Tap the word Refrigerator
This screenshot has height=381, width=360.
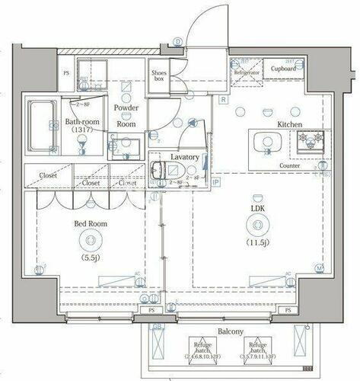coord(247,73)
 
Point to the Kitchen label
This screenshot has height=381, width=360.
coord(290,123)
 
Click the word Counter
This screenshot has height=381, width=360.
coord(289,165)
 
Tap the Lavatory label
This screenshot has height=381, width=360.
coord(185,157)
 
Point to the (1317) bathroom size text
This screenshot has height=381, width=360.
coord(80,130)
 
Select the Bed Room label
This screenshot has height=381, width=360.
coord(91,224)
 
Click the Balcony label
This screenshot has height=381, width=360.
coord(230,331)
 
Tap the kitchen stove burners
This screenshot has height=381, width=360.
coord(311,140)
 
